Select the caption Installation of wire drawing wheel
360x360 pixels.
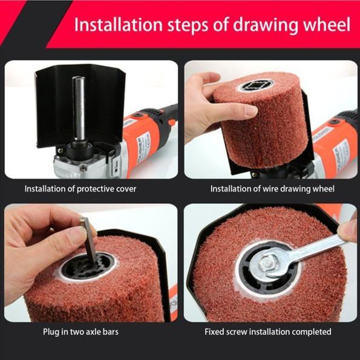[x=272, y=189]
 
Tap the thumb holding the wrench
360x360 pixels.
[x=347, y=230]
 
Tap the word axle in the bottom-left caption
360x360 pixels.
[x=96, y=332]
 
